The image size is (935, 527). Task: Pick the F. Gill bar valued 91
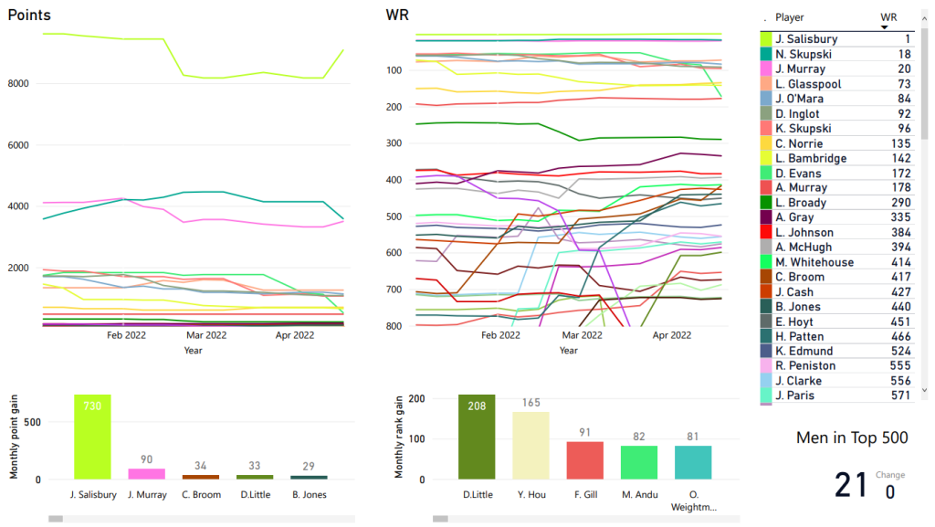point(584,460)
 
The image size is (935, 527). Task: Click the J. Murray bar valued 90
point(147,474)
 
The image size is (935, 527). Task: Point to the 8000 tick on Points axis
point(19,83)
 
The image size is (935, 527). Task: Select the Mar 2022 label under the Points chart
point(204,335)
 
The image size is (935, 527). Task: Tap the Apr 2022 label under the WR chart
point(673,335)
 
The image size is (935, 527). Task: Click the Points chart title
point(29,16)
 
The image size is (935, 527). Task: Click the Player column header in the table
point(790,17)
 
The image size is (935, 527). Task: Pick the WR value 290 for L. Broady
point(901,203)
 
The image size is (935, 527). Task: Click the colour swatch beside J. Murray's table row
point(765,69)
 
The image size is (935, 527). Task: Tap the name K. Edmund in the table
point(803,351)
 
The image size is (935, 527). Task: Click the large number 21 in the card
point(851,485)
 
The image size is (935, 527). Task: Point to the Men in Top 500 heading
point(852,438)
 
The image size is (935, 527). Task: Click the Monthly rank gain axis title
point(398,438)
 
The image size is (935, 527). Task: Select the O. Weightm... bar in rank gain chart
point(693,462)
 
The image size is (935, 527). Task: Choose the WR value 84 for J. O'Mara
point(904,99)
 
